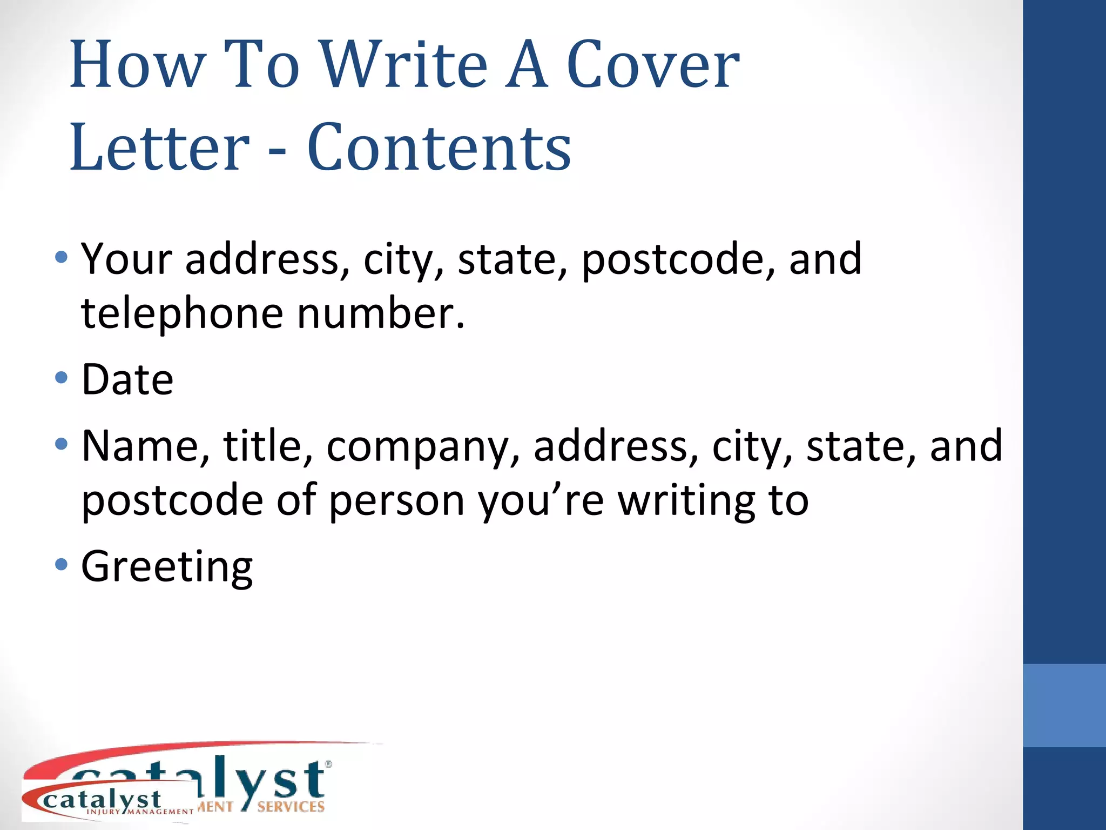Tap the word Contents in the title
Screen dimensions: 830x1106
439,147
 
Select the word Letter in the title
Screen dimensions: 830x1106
160,147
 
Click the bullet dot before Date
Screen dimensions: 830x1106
62,377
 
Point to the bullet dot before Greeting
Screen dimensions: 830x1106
62,565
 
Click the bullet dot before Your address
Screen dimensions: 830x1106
62,257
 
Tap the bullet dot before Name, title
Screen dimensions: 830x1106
62,444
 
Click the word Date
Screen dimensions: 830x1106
127,379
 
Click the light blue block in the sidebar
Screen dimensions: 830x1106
1064,705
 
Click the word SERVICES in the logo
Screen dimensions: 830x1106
291,807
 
